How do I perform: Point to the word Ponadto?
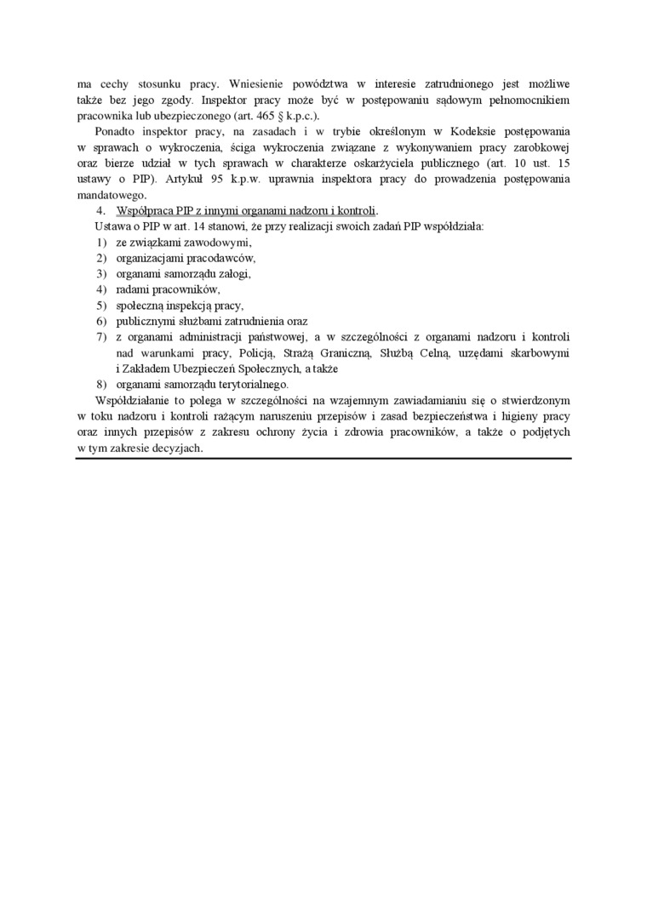(117, 132)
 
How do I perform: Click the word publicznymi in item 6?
(146, 322)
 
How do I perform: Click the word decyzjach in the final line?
(177, 448)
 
